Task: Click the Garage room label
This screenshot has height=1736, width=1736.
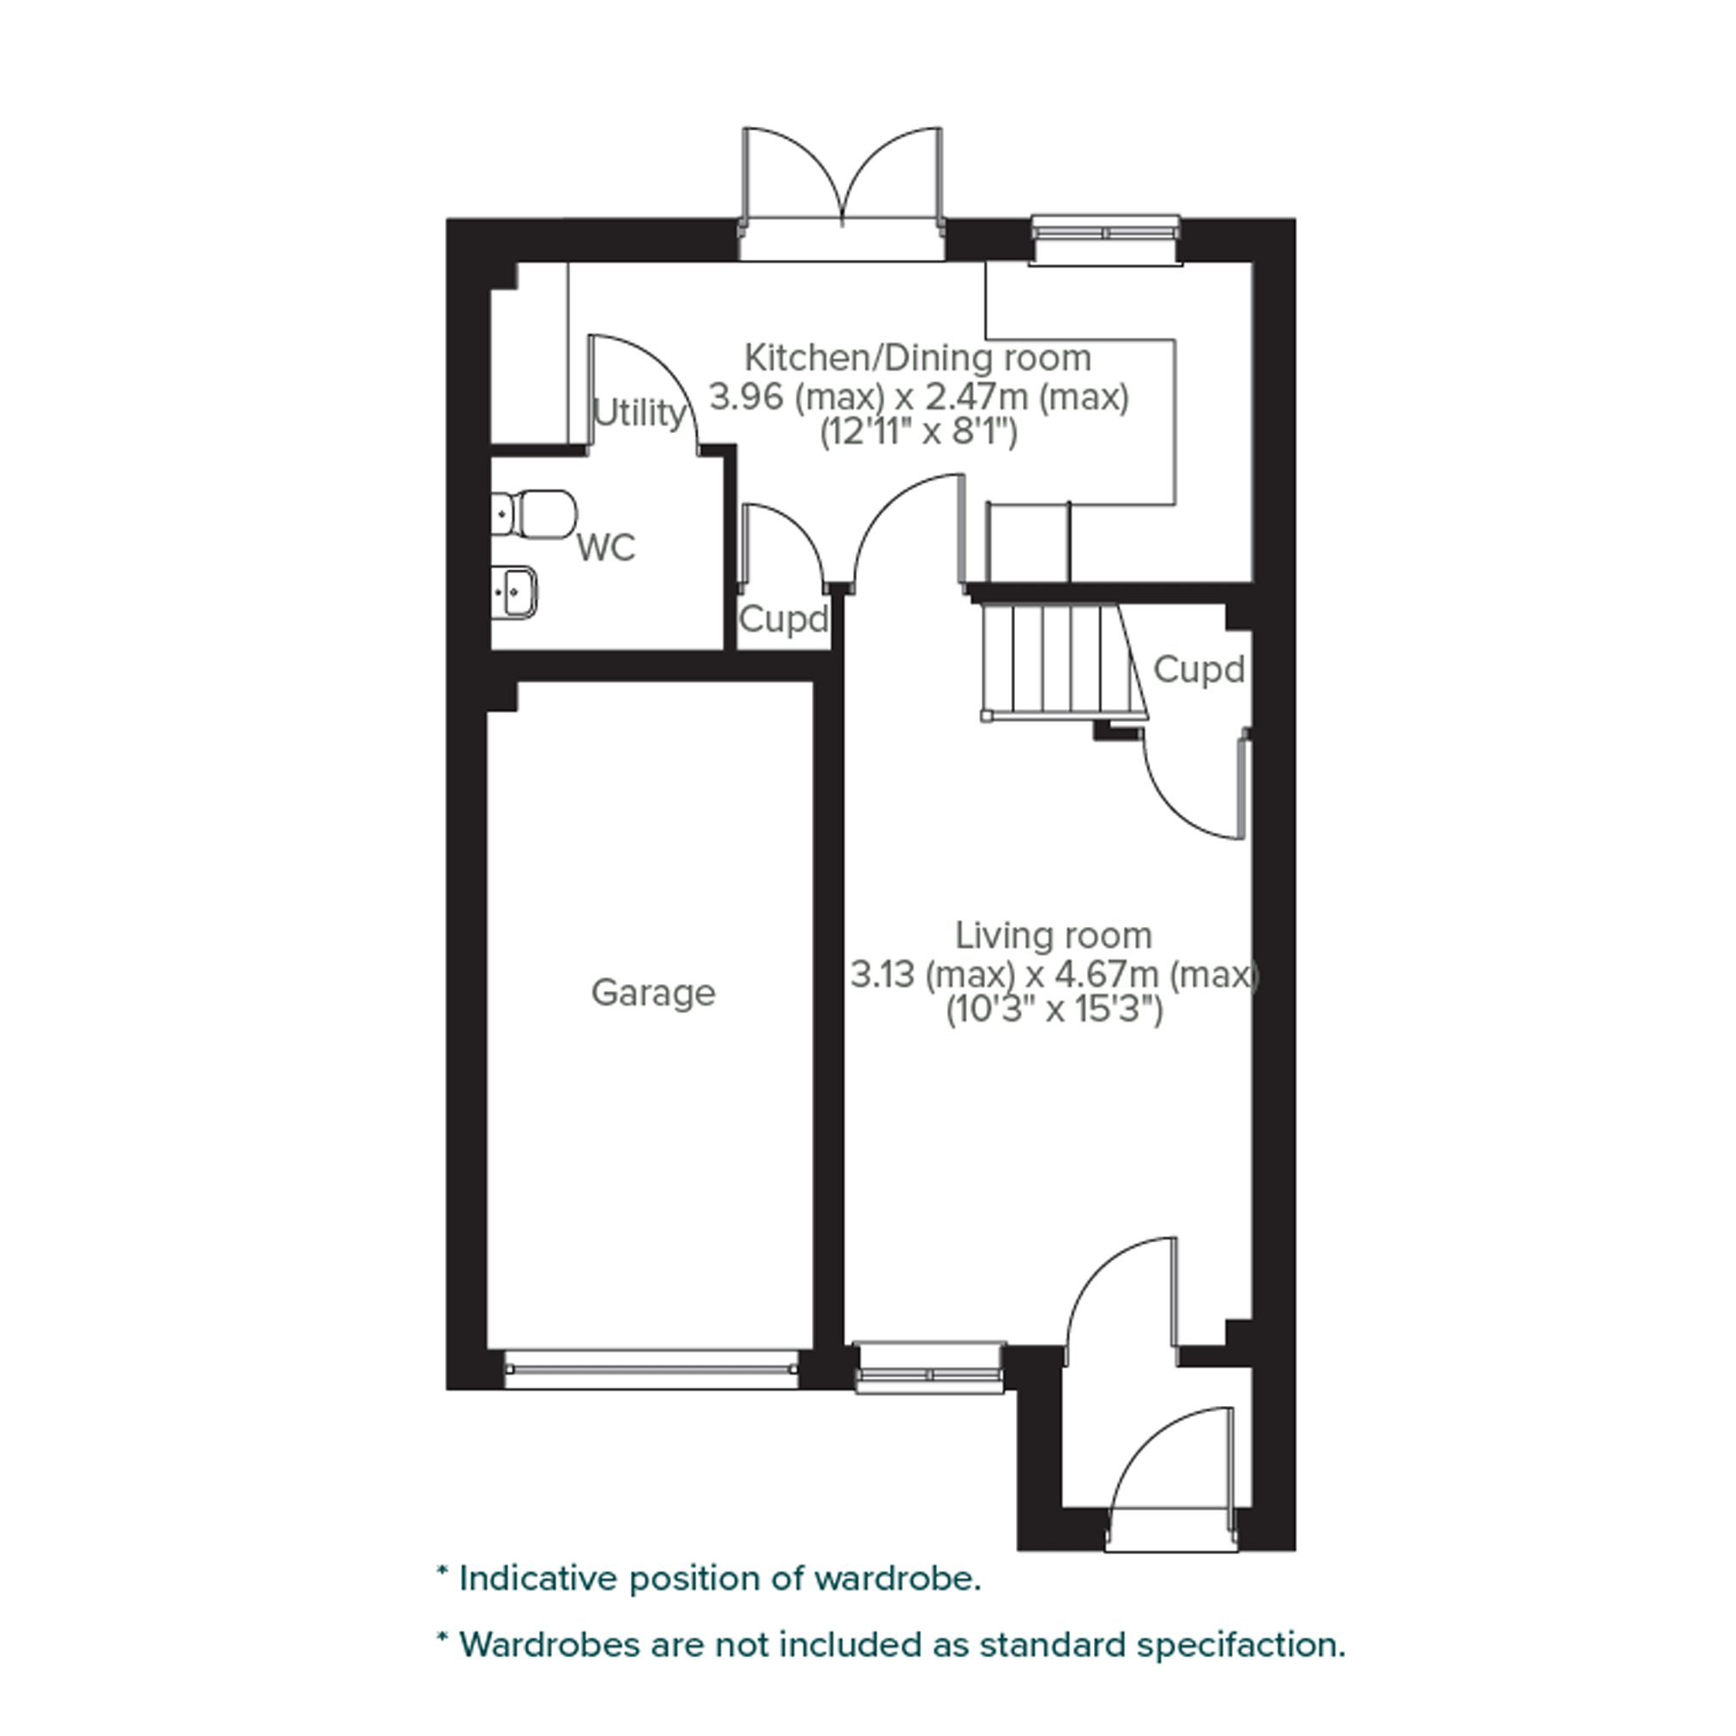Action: click(653, 993)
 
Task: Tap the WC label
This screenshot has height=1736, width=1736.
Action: click(606, 546)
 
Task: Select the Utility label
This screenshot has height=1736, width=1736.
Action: click(639, 413)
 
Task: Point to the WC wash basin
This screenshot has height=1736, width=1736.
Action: click(514, 592)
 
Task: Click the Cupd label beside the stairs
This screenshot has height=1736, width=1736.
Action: click(1198, 670)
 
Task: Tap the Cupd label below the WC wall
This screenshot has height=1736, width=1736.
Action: click(783, 619)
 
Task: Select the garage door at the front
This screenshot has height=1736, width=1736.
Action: click(652, 1369)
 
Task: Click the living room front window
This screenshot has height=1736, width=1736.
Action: click(929, 1368)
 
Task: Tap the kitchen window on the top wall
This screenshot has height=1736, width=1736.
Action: click(1104, 240)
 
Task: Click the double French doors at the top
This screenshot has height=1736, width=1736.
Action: click(841, 193)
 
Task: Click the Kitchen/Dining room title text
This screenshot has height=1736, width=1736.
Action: click(918, 357)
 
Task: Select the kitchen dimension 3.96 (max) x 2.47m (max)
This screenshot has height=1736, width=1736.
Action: click(918, 396)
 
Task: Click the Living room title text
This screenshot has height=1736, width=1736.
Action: click(1053, 935)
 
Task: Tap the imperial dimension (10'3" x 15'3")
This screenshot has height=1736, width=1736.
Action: click(1054, 1011)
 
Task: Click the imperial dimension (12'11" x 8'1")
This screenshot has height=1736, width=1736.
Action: click(918, 434)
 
